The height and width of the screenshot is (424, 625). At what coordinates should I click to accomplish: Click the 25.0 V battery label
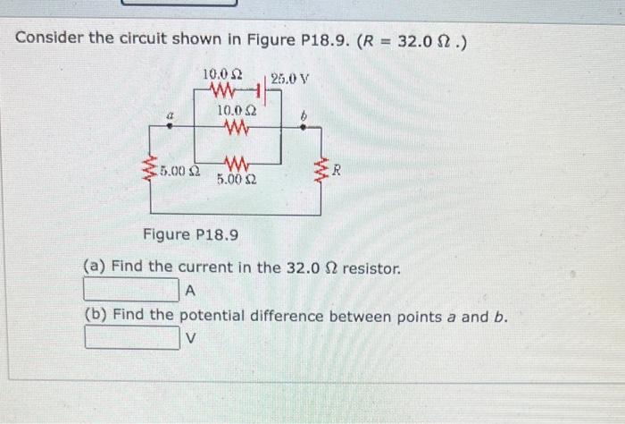click(289, 78)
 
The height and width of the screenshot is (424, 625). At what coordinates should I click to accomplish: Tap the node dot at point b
click(304, 128)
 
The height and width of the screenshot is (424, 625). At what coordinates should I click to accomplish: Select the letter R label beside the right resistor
click(336, 167)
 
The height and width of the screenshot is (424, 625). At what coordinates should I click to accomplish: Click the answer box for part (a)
click(131, 290)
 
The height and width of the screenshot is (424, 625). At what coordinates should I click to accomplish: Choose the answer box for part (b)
click(131, 338)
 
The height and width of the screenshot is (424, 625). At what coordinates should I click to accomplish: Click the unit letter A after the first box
click(190, 291)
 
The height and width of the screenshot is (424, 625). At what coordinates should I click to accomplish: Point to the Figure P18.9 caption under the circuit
click(189, 234)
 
